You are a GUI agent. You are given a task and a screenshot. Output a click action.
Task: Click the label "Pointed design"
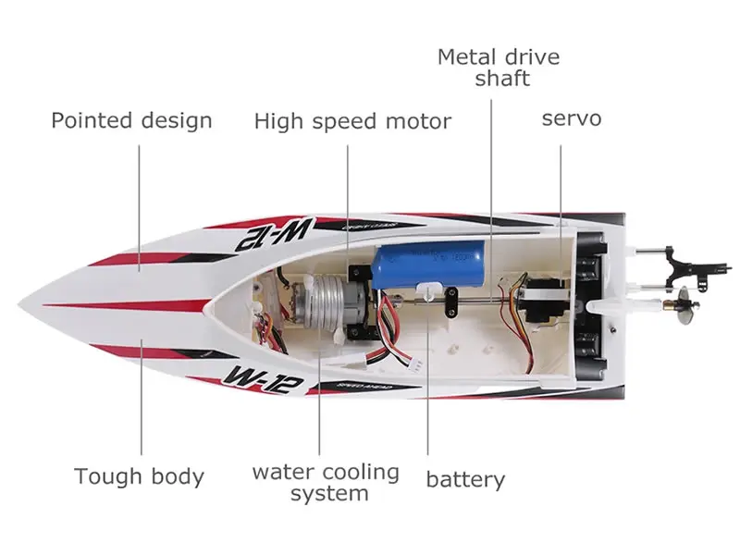(131, 120)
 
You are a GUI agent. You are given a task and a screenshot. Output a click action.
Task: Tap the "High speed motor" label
(352, 121)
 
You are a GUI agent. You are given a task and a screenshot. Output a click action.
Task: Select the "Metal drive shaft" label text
(499, 68)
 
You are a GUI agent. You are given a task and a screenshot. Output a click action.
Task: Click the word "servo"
(571, 118)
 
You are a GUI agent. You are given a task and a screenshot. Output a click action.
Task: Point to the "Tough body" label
(139, 476)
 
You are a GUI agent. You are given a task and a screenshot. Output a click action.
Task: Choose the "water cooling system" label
(326, 482)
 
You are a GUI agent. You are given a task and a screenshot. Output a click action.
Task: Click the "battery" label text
(465, 479)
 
